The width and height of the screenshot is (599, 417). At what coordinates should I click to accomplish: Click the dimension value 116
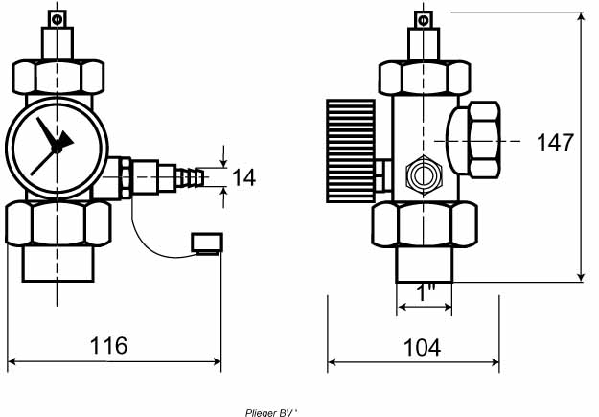[x=108, y=345]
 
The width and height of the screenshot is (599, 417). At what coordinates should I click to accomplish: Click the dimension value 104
[x=422, y=347]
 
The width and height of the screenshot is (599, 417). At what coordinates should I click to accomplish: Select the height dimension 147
[x=555, y=142]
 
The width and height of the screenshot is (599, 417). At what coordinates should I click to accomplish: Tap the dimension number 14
[x=243, y=177]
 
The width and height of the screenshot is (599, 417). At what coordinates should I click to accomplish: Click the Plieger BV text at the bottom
[x=271, y=413]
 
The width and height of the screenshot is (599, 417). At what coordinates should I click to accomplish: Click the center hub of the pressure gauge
[x=57, y=148]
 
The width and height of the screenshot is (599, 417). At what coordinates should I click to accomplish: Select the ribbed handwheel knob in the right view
[x=351, y=151]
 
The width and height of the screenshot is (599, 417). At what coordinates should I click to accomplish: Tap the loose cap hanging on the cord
[x=207, y=243]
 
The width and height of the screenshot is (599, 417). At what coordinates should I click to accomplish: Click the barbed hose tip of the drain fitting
[x=192, y=177]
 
